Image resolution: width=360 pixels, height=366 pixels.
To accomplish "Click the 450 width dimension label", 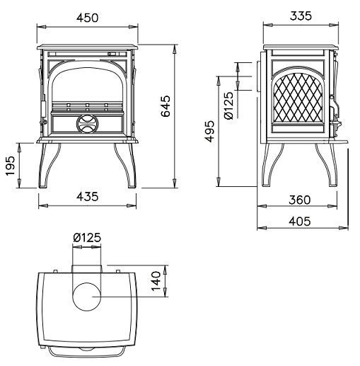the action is pos(87,18).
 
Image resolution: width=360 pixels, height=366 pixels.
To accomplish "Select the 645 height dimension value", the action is pos(166,106).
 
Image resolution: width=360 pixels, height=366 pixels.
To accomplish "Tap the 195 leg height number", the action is pos(11,166).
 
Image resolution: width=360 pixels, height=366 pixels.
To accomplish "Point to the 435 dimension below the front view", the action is pos(87,196).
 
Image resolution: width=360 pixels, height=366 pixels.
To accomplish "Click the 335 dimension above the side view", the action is pos(301,16).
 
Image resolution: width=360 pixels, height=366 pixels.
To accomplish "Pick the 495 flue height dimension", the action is pos(209,132).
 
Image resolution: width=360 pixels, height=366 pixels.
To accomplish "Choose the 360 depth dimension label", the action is pos(300,200).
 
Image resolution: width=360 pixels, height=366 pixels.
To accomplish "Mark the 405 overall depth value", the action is pos(300,222).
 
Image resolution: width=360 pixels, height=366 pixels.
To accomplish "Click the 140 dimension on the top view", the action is pos(156,281).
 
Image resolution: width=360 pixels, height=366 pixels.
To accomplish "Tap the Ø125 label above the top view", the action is pos(87,237).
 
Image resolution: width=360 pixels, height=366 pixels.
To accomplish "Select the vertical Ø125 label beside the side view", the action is pos(228,105).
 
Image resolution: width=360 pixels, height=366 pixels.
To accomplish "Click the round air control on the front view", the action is pos(87,124).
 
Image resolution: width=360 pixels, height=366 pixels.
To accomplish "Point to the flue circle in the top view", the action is pos(87,297).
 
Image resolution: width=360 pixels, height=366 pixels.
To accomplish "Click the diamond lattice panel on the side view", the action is pos(298,98).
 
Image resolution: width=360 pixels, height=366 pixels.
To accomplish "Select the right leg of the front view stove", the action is pos(125,166).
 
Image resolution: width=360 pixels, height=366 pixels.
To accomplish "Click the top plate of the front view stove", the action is pos(87,47).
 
